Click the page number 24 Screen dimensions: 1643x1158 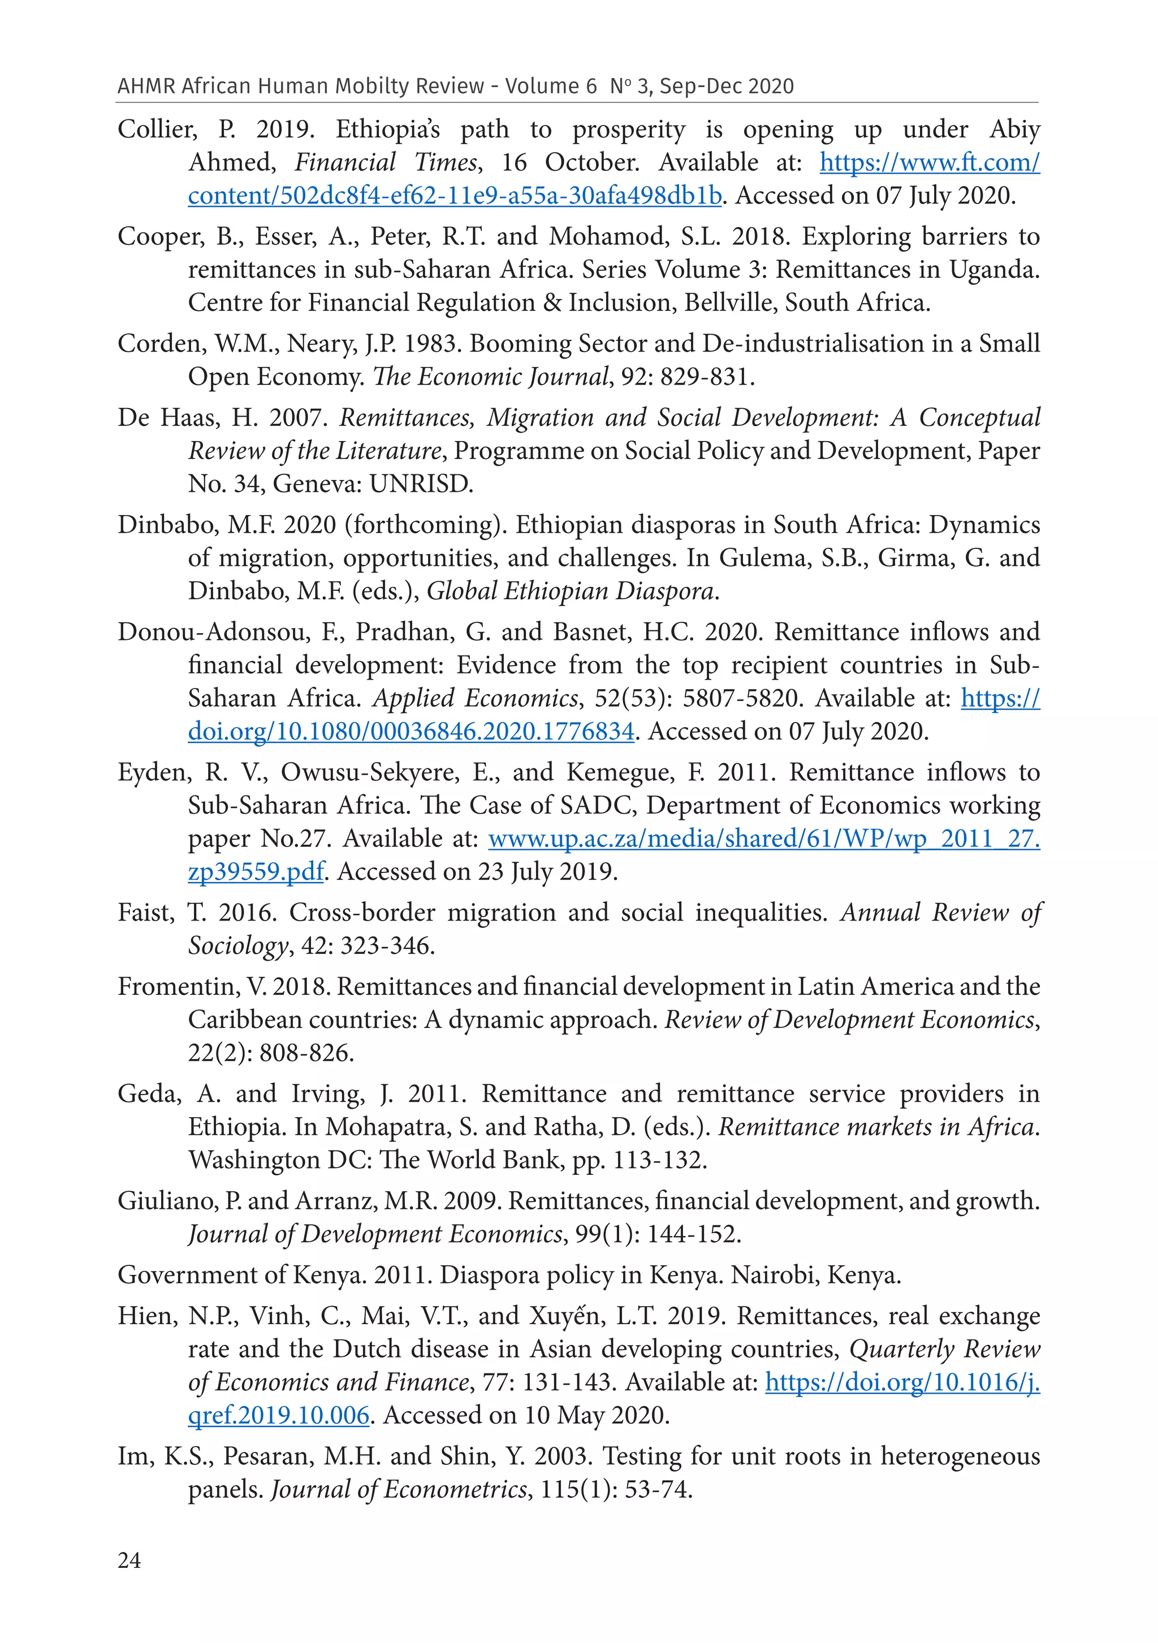click(129, 1560)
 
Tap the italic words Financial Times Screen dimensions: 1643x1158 click(386, 162)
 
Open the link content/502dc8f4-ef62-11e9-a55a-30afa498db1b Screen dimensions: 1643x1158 click(455, 196)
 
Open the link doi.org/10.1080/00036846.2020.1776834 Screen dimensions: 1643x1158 click(411, 732)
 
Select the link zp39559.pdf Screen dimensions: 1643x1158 click(256, 872)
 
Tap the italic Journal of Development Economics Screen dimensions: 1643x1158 click(375, 1234)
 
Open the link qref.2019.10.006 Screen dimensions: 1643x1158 click(278, 1416)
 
